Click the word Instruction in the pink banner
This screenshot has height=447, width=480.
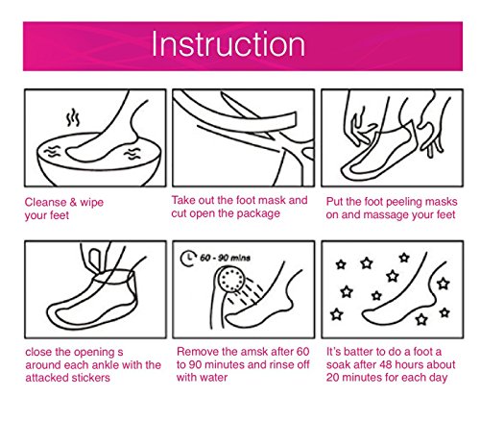coord(228,44)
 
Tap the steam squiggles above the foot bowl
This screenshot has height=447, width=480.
coord(73,117)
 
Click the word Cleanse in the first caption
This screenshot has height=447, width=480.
coord(45,202)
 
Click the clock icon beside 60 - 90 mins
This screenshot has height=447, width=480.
coord(188,259)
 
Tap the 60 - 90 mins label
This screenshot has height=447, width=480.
coord(225,258)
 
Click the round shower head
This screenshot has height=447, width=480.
coord(230,280)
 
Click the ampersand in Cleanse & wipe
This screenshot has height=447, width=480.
coord(73,202)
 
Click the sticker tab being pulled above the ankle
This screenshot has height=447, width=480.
coord(95,261)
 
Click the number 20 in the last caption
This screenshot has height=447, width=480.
coord(333,378)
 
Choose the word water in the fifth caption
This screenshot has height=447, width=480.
coord(215,378)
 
